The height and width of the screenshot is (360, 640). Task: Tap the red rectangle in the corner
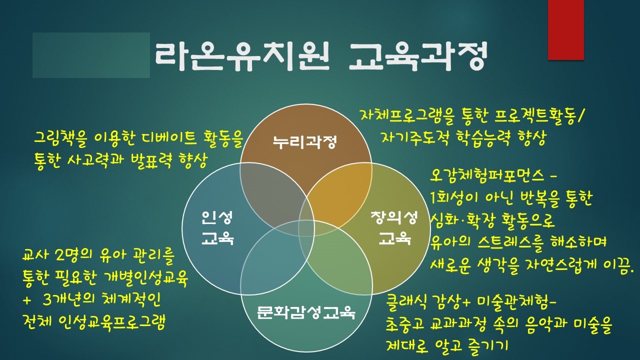pyautogui.click(x=565, y=29)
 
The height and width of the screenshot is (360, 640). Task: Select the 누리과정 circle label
pyautogui.click(x=305, y=142)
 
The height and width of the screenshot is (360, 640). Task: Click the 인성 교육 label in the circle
pyautogui.click(x=217, y=227)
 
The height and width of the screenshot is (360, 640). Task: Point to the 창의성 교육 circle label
pyautogui.click(x=394, y=227)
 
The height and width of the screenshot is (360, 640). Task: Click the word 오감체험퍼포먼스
pyautogui.click(x=487, y=175)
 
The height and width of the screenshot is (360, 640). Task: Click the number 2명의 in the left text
pyautogui.click(x=75, y=255)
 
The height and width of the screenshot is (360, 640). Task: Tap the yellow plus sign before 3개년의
pyautogui.click(x=27, y=300)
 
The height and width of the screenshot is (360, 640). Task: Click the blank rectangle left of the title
pyautogui.click(x=91, y=55)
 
